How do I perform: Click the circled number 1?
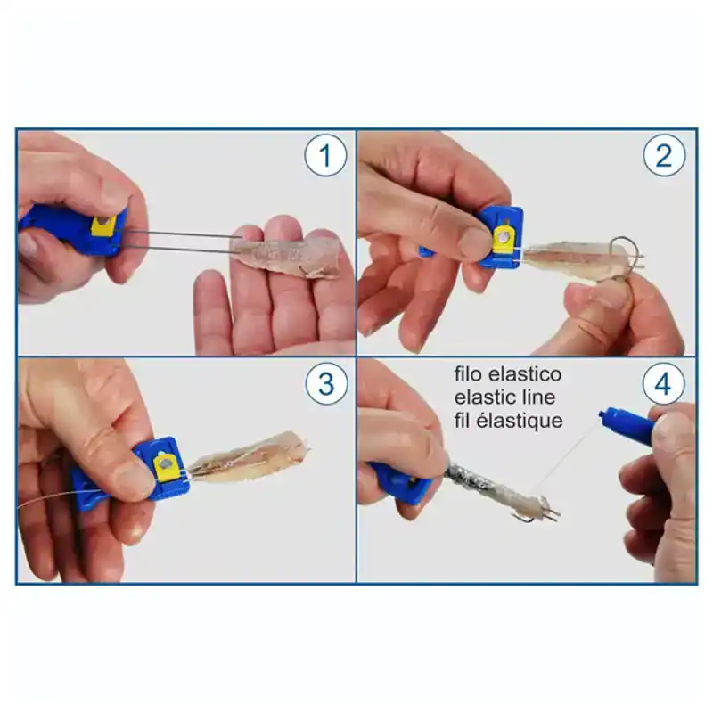tap(325, 157)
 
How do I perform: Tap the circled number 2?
tap(664, 157)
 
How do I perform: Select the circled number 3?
tap(325, 384)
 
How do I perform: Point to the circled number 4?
tap(664, 384)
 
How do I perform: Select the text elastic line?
tap(504, 397)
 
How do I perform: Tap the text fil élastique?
tap(508, 421)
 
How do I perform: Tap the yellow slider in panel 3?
tap(167, 464)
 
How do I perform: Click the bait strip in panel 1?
tap(290, 257)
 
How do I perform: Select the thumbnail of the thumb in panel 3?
tap(134, 482)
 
